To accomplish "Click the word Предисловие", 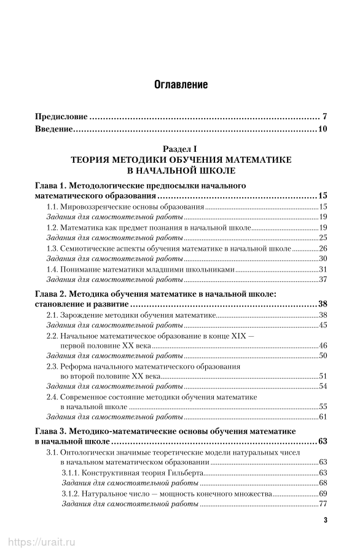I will coord(62,116).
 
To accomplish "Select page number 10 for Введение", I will coord(323,129).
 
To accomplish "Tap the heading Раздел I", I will coord(180,149).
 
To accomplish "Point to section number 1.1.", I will coord(53,206).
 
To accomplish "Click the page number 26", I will coord(323,248).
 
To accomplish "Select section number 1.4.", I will coord(53,269).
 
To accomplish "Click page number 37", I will coord(323,280).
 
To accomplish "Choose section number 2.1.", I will coord(53,315).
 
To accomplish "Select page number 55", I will coord(323,407).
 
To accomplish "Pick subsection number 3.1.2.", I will coord(71,493).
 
